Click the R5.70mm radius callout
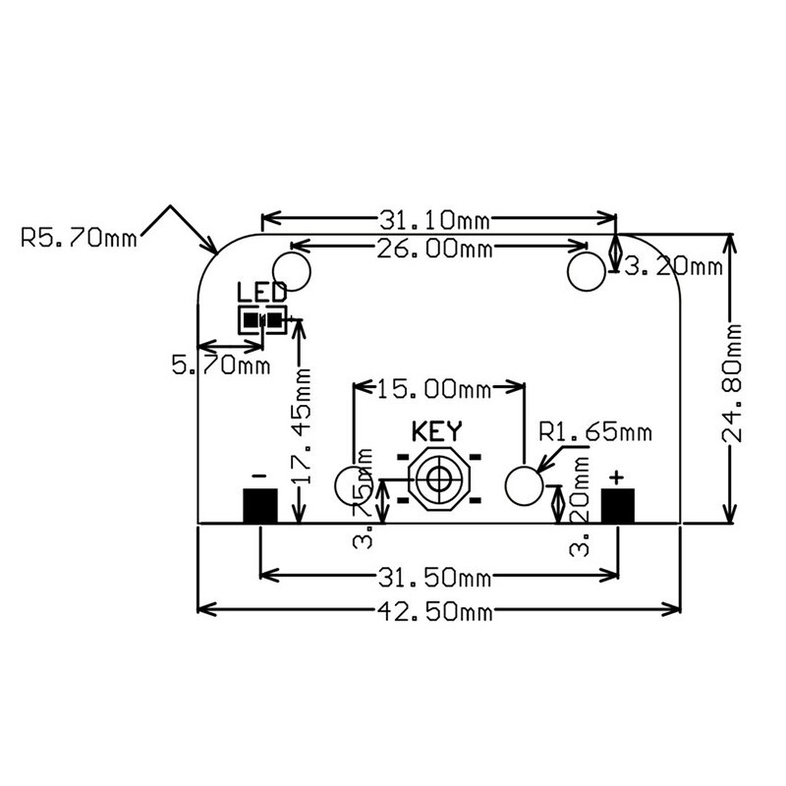coord(79,238)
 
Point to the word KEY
coord(436,430)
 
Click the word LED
coord(262,292)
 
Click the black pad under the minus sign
coord(259,505)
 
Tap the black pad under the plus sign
coord(617,505)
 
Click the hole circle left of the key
coord(352,483)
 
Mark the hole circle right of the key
coord(523,482)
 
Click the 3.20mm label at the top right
coord(674,265)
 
